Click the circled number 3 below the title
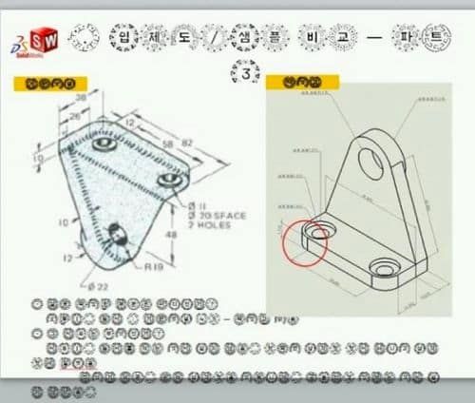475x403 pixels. coord(248,72)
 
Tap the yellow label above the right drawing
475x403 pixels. coord(289,84)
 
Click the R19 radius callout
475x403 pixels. coord(153,268)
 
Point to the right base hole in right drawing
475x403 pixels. coord(384,268)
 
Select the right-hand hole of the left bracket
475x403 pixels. coord(169,179)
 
